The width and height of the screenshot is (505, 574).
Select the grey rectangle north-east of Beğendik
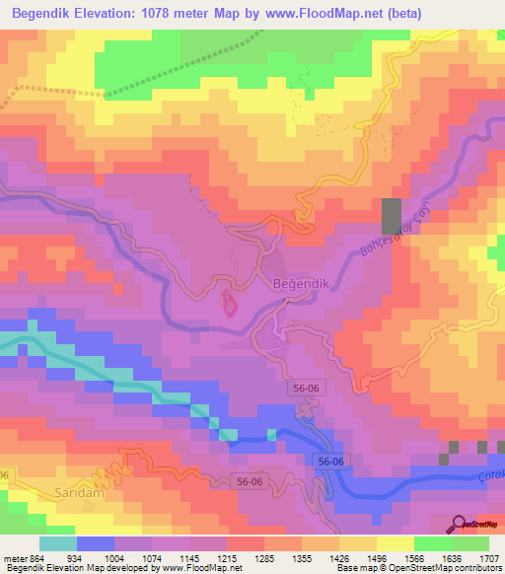pyautogui.click(x=392, y=216)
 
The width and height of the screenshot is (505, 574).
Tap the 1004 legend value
pyautogui.click(x=125, y=557)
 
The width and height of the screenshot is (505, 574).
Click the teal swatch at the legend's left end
pyautogui.click(x=57, y=543)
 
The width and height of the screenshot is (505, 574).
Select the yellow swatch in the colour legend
pyautogui.click(x=395, y=543)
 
